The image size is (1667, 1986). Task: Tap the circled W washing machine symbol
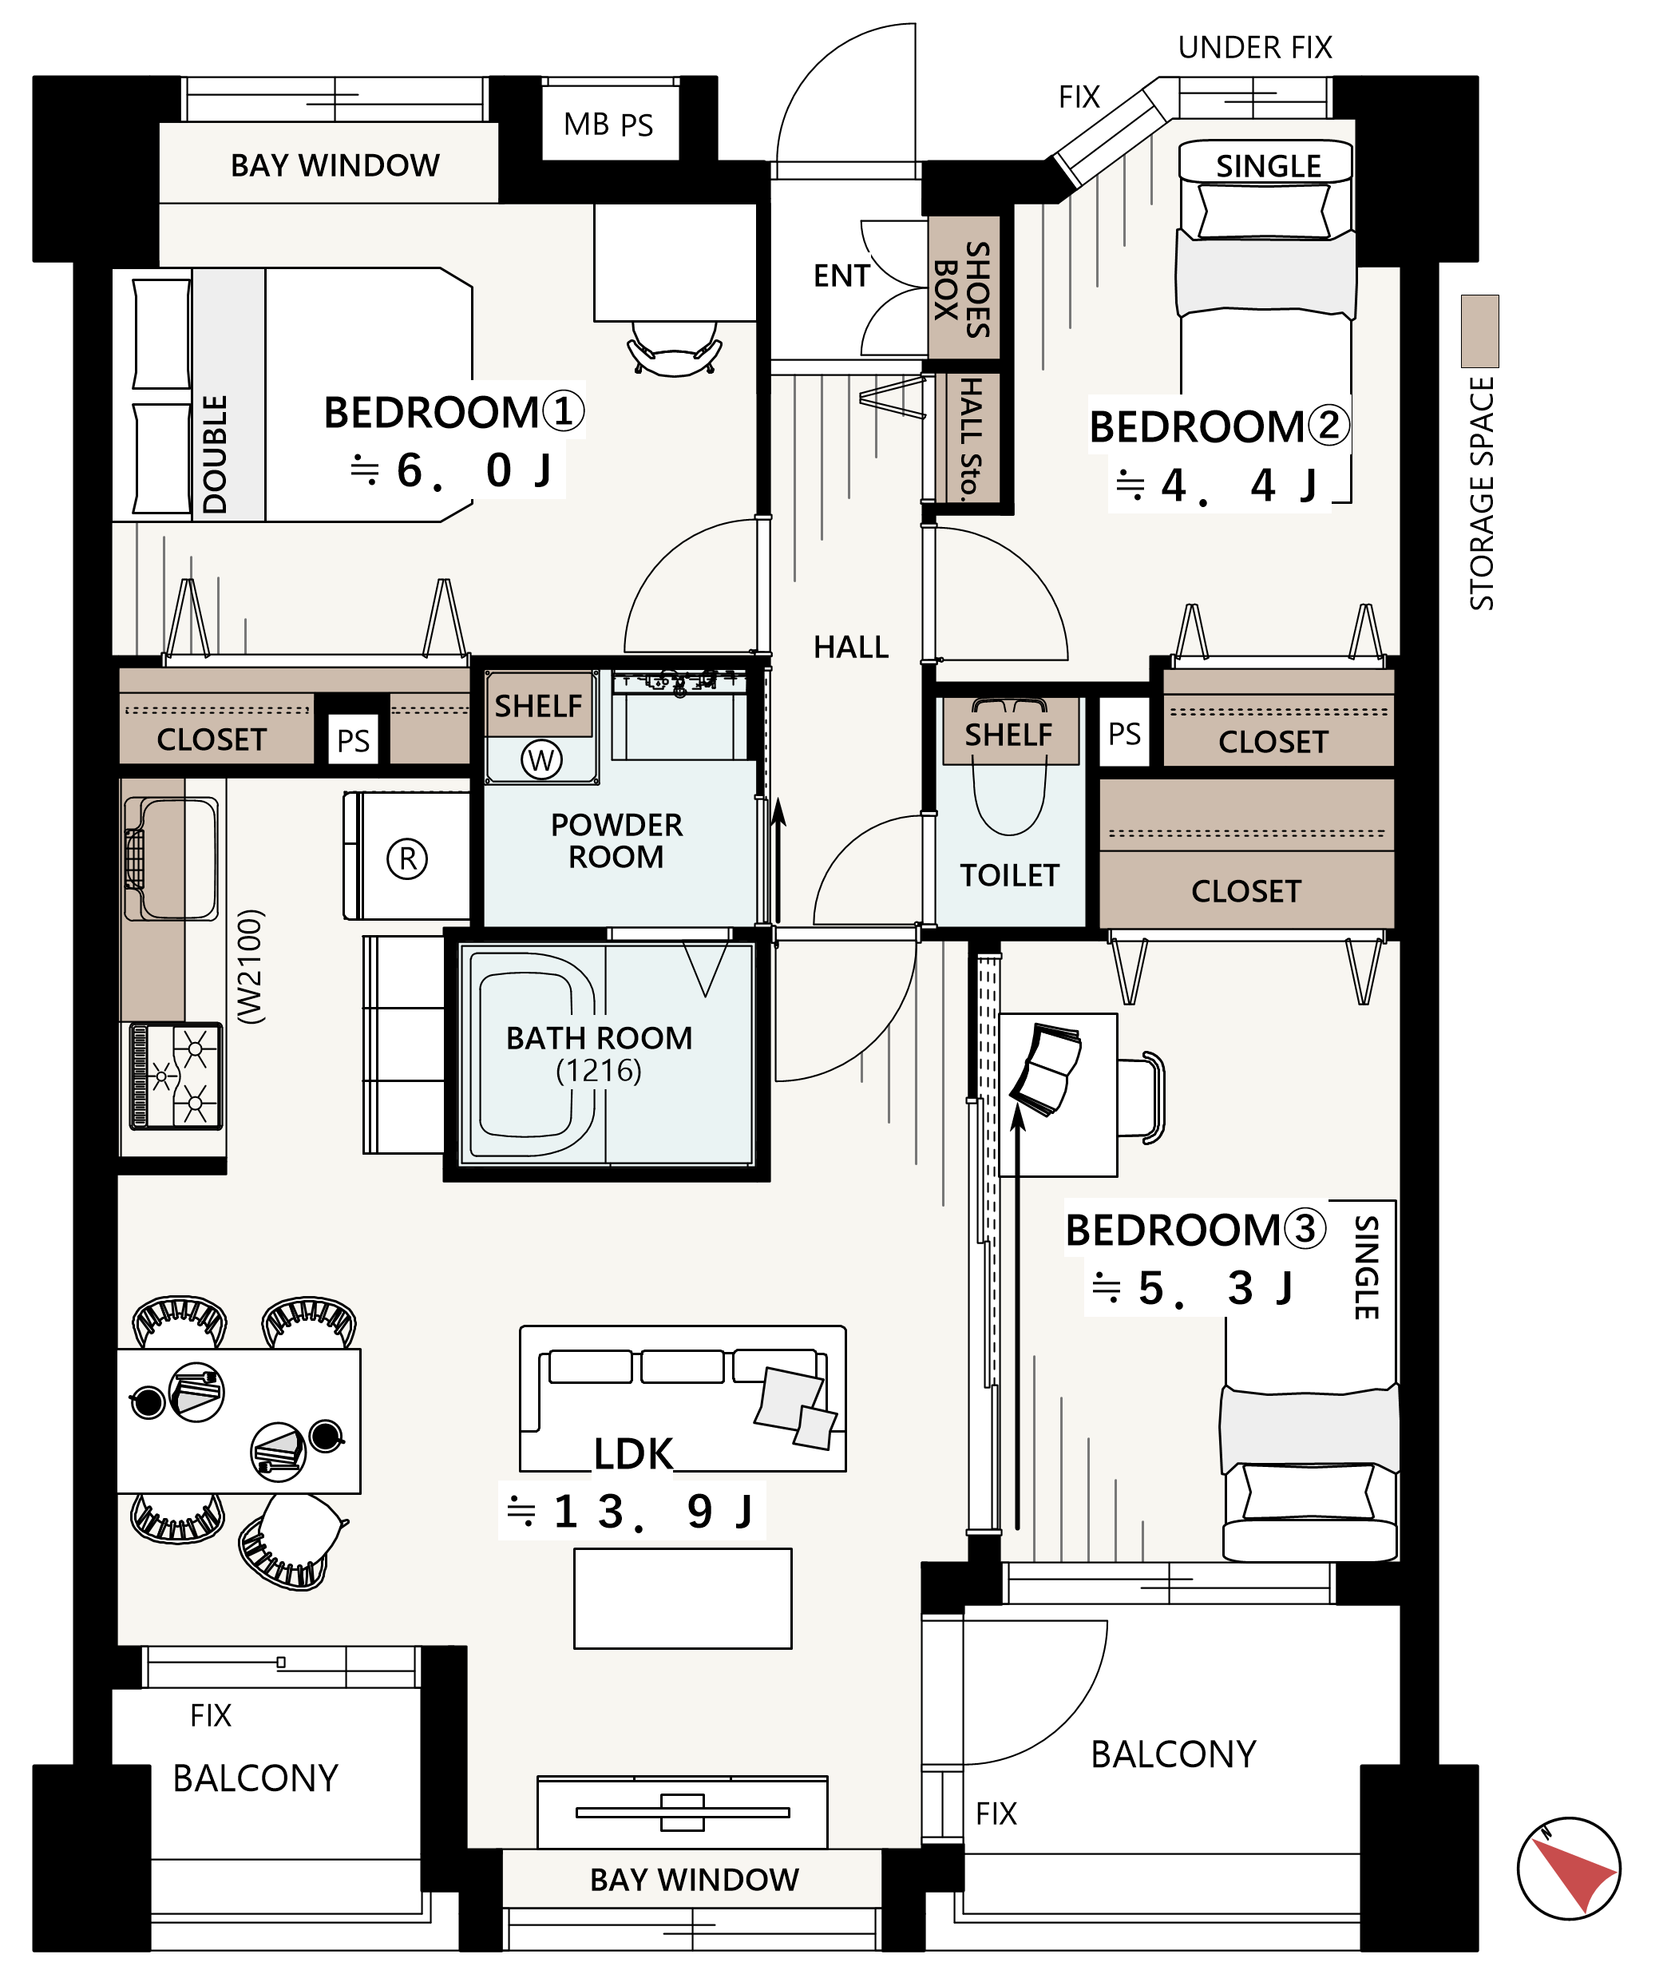click(x=540, y=759)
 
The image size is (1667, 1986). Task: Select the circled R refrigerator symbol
click(x=407, y=858)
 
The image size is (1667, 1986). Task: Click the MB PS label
click(x=608, y=125)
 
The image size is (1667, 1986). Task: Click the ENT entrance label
click(x=841, y=276)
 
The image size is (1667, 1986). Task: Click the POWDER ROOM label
click(x=616, y=840)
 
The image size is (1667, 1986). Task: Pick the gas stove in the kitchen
click(x=176, y=1077)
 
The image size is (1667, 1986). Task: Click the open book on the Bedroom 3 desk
click(x=1047, y=1069)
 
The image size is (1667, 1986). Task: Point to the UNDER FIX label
click(x=1255, y=47)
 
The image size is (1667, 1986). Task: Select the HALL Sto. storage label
click(x=970, y=438)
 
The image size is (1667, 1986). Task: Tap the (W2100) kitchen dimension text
click(x=250, y=966)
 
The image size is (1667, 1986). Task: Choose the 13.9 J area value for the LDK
click(x=631, y=1511)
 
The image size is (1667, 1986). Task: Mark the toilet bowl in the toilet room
click(x=1010, y=788)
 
